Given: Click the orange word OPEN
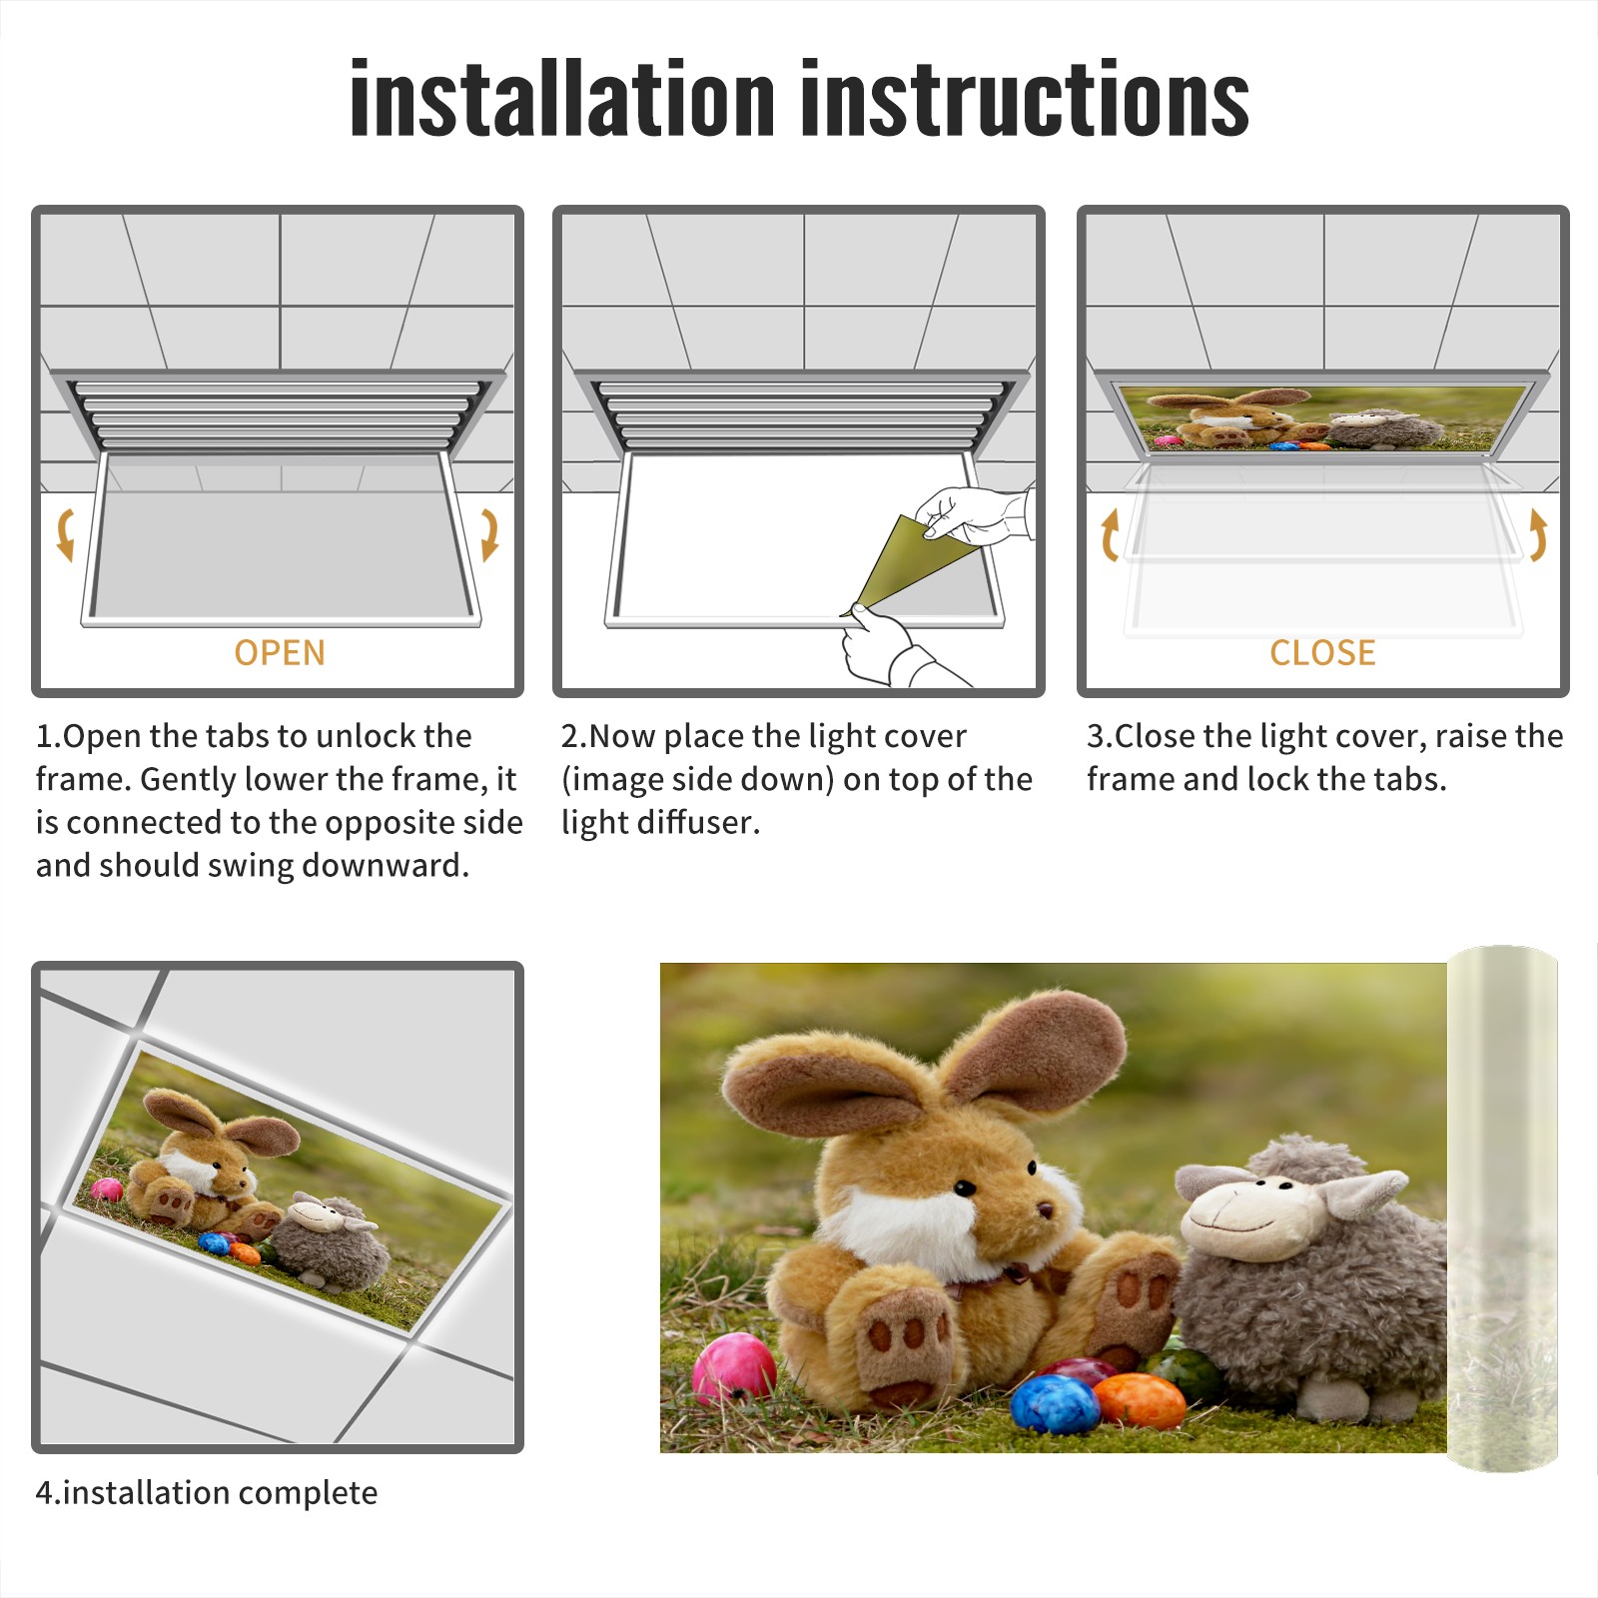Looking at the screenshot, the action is tap(280, 652).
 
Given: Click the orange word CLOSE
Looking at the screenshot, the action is tap(1322, 652).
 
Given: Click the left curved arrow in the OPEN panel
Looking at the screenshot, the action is tap(65, 534).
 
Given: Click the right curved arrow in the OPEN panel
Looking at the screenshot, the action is tap(489, 534).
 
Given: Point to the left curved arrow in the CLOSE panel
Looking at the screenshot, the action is tap(1109, 534).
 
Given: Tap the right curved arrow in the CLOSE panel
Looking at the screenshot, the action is tap(1538, 534).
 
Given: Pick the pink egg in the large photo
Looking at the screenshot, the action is tap(734, 1368).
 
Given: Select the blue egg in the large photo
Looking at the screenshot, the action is tap(1055, 1403).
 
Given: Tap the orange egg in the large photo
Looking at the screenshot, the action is tap(1139, 1400).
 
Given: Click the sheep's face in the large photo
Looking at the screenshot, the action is tap(1253, 1213).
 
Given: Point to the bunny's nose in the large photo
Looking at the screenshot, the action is tap(1044, 1210).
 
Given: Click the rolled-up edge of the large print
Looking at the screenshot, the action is tap(1502, 1208).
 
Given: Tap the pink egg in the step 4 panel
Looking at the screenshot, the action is tap(107, 1189).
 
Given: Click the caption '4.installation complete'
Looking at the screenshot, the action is tap(207, 1492).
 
